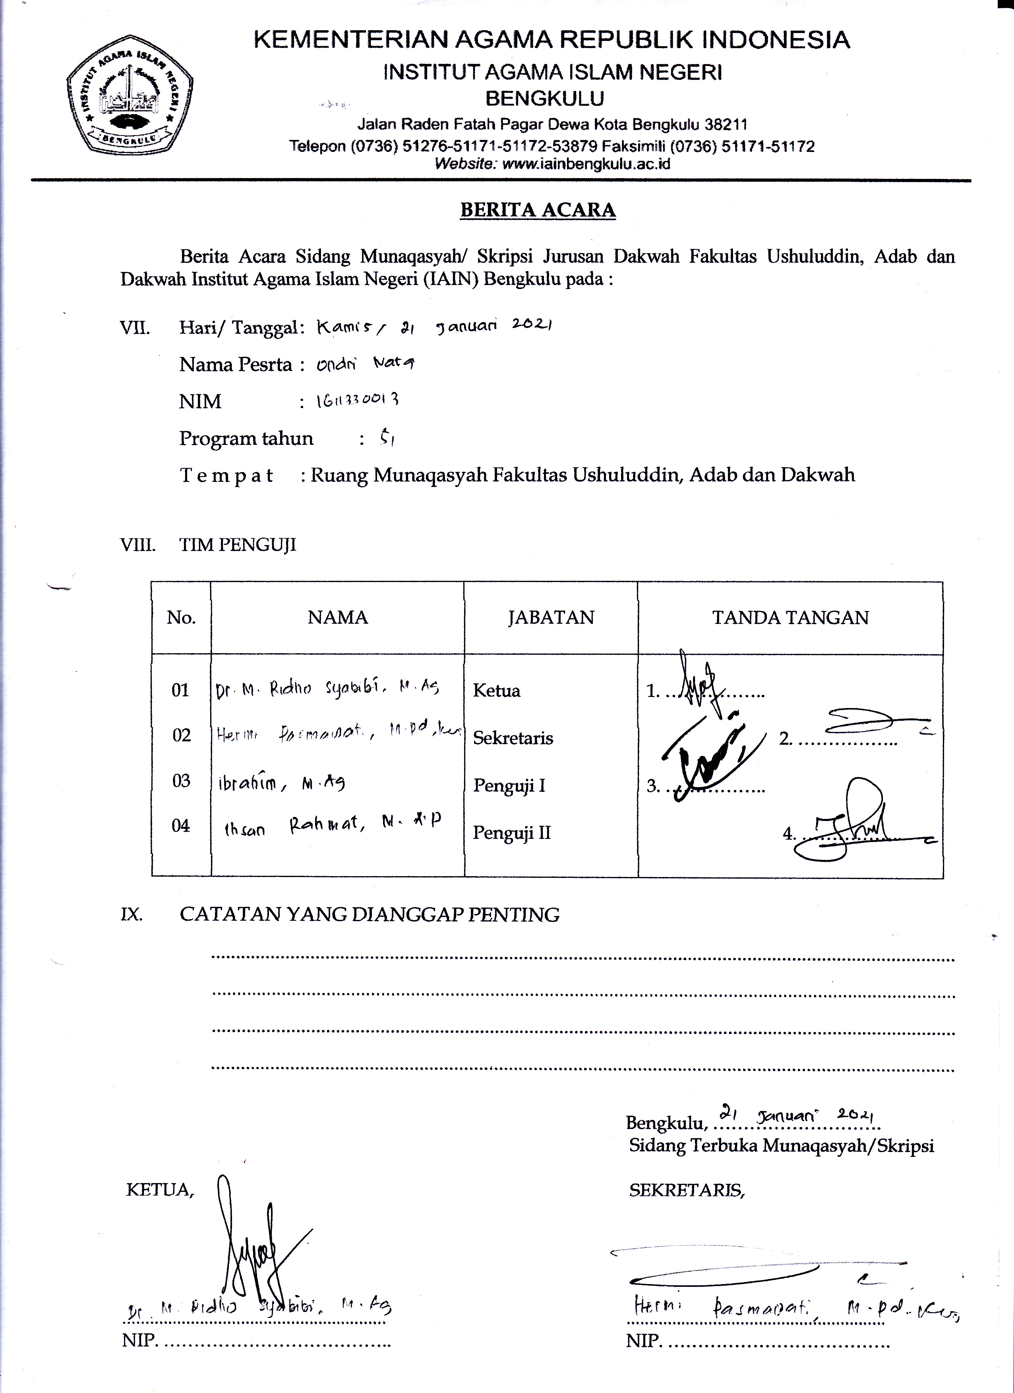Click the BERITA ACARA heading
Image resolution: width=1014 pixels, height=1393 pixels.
[x=538, y=210]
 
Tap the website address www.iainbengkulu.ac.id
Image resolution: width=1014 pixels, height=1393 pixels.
[x=586, y=164]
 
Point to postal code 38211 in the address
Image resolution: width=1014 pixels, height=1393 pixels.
[x=726, y=125]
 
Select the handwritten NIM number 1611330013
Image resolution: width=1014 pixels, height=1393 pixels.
[x=357, y=400]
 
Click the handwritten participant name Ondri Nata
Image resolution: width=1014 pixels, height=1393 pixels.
[x=365, y=364]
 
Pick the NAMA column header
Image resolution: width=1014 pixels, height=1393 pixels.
[x=338, y=617]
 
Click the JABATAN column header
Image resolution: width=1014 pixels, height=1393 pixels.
[x=551, y=617]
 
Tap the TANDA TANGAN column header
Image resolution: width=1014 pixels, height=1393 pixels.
[x=790, y=617]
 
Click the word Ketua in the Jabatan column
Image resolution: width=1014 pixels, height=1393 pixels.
[x=496, y=691]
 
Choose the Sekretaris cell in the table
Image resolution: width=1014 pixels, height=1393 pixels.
[x=513, y=738]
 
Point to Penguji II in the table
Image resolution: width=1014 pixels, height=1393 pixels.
[x=511, y=833]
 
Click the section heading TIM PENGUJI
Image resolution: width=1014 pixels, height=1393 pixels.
[x=238, y=545]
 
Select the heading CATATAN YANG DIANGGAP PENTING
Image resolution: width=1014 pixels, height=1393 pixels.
[x=370, y=914]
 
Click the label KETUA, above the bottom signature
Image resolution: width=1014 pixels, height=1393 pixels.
[x=160, y=1190]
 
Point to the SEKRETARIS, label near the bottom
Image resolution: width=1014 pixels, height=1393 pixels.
[x=686, y=1190]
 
